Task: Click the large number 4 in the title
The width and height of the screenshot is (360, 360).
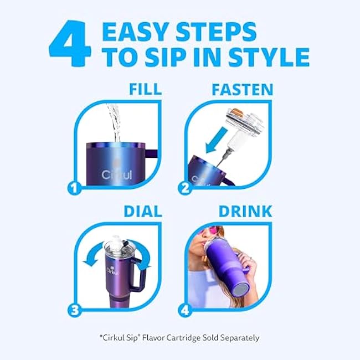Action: coord(70,43)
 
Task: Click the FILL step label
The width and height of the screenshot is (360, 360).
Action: coord(145,89)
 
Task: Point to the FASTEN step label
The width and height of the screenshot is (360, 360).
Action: coord(243,89)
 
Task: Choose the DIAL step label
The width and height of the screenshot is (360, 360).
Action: coord(143,211)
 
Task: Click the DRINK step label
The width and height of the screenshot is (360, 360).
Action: coord(245,211)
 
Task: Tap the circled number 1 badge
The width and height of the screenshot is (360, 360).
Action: coord(74,188)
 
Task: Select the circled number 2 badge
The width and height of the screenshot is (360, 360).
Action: coord(185,188)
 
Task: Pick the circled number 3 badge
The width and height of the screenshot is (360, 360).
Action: coord(74,310)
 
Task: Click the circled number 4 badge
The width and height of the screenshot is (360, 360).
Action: coord(185,310)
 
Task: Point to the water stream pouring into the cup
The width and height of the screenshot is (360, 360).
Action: coord(114,123)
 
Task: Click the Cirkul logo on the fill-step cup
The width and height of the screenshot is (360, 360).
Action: coord(117,174)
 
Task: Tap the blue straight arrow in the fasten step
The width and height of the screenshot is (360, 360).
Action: coord(216,140)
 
